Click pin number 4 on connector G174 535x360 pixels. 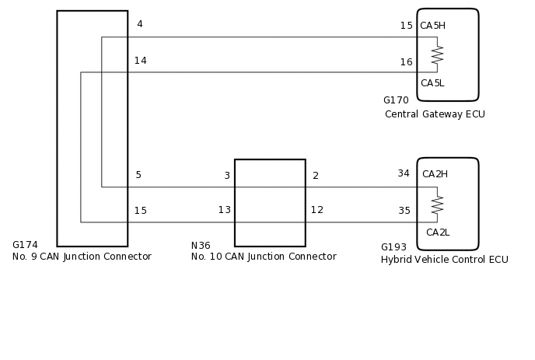140,24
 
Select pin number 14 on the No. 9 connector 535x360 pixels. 140,61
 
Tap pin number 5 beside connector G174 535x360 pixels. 138,175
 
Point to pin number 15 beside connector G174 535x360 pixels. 140,211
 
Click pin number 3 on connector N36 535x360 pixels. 227,176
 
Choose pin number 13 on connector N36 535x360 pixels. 224,210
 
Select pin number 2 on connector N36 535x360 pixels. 316,176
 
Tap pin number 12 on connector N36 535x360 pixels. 317,210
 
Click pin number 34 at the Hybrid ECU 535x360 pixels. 404,173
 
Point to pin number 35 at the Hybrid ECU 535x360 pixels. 404,211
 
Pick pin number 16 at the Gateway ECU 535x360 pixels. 406,62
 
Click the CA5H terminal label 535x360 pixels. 432,26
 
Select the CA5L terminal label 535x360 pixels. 432,83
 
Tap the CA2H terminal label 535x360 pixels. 435,174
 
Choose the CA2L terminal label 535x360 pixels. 437,232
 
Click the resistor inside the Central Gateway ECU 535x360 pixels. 437,54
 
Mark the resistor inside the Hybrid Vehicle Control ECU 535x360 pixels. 437,204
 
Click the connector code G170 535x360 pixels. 396,100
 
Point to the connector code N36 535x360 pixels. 201,246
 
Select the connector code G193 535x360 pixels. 393,247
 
